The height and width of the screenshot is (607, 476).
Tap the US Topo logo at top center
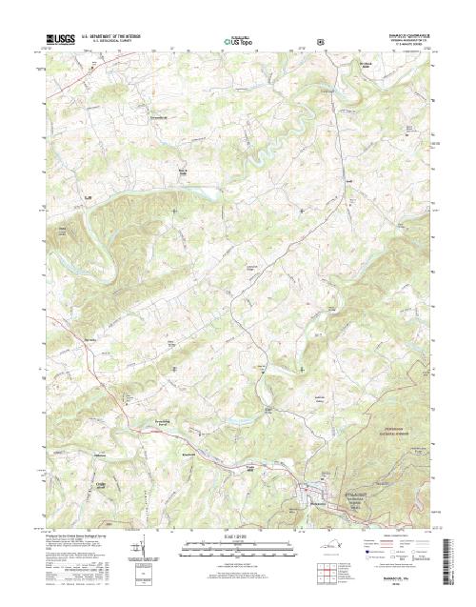238,41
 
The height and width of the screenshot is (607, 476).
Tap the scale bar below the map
238,545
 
